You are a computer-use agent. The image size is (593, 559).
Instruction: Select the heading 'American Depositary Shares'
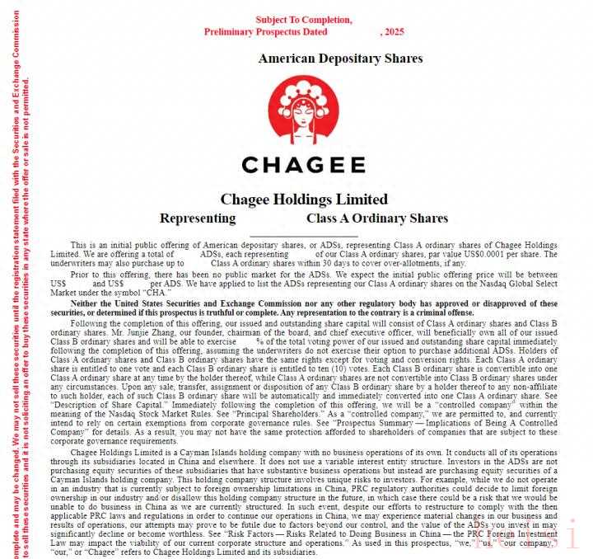[340, 59]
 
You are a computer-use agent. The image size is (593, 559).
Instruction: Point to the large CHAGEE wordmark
[303, 163]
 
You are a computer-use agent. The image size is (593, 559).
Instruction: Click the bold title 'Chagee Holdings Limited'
[304, 200]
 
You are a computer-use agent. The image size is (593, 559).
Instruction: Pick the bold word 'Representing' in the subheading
[198, 218]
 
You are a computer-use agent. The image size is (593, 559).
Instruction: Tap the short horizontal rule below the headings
[303, 236]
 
